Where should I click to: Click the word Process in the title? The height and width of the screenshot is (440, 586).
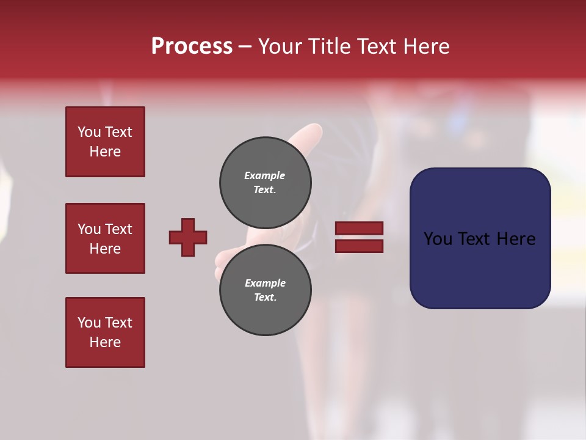point(192,46)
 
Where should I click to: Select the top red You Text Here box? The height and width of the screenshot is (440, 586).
point(105,142)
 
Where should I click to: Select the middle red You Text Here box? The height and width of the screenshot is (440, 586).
point(105,238)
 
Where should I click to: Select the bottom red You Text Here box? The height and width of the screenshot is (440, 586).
point(105,332)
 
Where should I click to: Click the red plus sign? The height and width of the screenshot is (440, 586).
point(188,237)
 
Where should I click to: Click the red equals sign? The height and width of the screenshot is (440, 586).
point(359,237)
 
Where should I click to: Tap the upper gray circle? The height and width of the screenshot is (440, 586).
point(266,182)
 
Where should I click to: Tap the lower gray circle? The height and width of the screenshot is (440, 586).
point(266,290)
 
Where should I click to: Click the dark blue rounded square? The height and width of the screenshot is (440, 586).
point(480,238)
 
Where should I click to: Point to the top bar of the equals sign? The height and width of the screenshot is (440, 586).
point(359,229)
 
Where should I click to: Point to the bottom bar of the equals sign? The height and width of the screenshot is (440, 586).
point(359,246)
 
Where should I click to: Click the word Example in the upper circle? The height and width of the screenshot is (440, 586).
point(265,175)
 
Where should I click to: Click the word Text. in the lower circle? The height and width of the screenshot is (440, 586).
point(265,297)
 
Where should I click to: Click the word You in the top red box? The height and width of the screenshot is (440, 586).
point(89,132)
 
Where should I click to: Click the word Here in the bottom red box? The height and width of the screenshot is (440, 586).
point(105,342)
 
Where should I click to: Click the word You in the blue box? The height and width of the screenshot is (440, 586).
point(438,239)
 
